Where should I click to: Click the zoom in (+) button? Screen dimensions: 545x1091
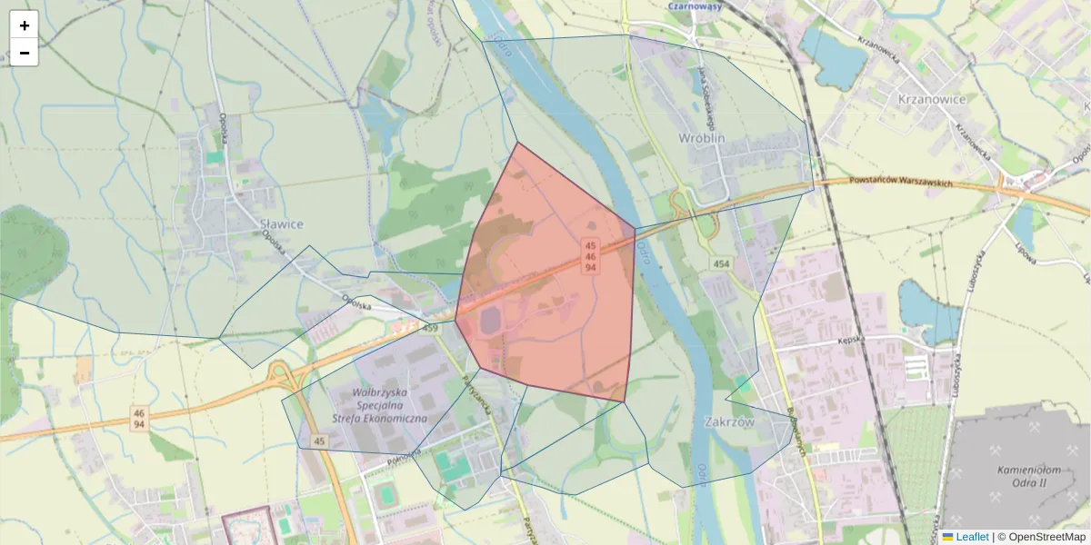(25, 25)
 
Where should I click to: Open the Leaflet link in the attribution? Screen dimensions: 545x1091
(971, 537)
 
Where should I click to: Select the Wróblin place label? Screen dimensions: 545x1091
(702, 138)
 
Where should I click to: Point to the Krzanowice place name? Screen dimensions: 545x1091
(931, 99)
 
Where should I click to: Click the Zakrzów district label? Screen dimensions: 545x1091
(730, 422)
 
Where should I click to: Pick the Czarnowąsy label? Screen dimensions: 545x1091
(695, 5)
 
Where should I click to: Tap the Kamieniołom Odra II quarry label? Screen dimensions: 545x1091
(1028, 477)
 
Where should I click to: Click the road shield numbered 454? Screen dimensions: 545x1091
(721, 263)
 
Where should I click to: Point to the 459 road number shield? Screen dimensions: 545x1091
(430, 327)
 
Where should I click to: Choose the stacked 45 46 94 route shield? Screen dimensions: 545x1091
(590, 257)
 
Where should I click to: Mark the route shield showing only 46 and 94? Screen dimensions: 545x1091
(138, 419)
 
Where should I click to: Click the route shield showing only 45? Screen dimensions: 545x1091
(318, 441)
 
